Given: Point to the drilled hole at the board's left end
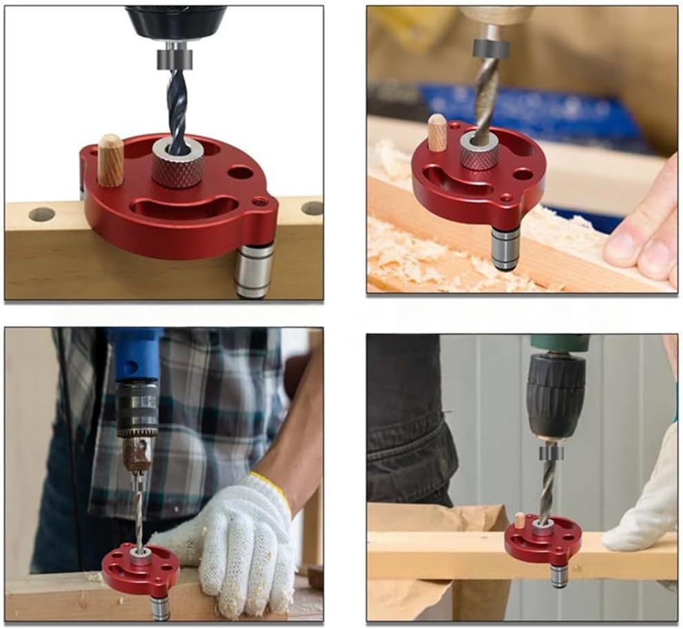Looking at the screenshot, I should [41, 214].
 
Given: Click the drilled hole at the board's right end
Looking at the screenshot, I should [312, 207].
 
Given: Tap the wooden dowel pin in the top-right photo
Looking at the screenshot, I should [437, 133].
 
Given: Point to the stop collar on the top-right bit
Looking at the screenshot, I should [490, 48].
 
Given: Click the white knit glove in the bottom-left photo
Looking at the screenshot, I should [241, 544].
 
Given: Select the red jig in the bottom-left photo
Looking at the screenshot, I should [140, 569].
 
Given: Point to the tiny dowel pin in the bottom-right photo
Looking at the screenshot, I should [520, 521].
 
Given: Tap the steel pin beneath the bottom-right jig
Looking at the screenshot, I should [559, 576].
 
